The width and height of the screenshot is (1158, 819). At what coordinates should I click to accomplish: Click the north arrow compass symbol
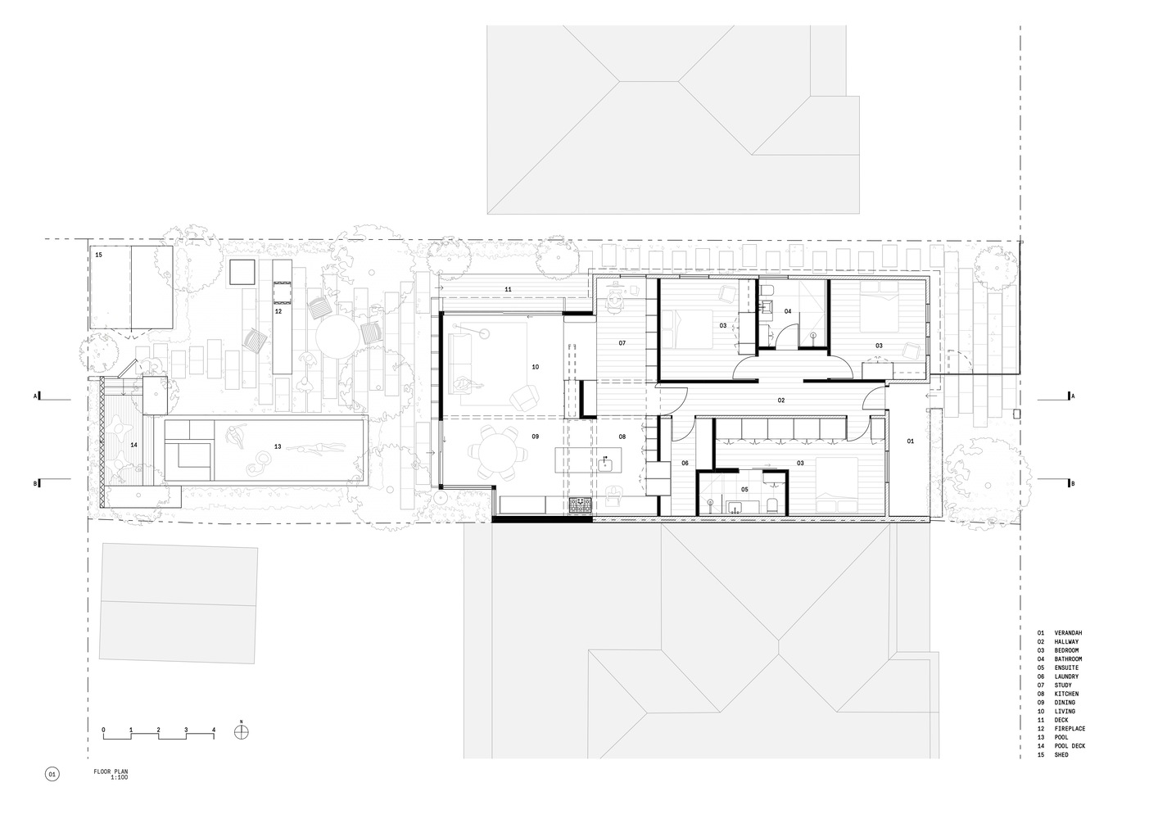tap(241, 732)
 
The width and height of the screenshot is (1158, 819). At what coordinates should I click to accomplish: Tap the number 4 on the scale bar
tap(214, 730)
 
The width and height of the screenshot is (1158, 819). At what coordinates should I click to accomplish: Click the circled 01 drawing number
tap(52, 774)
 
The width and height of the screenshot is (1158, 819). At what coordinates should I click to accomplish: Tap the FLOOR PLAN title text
tap(111, 771)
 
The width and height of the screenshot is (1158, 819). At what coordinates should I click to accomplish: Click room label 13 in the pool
tap(278, 446)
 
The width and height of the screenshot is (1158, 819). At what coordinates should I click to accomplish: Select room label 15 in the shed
tap(99, 255)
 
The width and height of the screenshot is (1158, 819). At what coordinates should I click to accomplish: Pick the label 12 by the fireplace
tap(278, 311)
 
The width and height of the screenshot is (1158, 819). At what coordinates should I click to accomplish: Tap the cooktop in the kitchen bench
tap(581, 505)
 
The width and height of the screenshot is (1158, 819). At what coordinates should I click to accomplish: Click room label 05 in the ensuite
tap(744, 489)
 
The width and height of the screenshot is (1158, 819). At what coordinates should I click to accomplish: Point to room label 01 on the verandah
tap(911, 441)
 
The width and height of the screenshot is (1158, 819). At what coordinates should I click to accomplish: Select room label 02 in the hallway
tap(781, 400)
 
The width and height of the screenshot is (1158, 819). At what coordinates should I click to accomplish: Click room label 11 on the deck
tap(509, 290)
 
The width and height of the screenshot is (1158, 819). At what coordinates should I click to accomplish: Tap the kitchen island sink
tap(605, 464)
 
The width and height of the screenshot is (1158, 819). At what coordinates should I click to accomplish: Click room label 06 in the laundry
tap(685, 464)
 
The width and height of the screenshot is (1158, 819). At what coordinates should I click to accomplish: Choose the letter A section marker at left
tap(36, 396)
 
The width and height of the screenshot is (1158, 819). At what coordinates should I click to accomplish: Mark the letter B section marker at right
tap(1073, 484)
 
